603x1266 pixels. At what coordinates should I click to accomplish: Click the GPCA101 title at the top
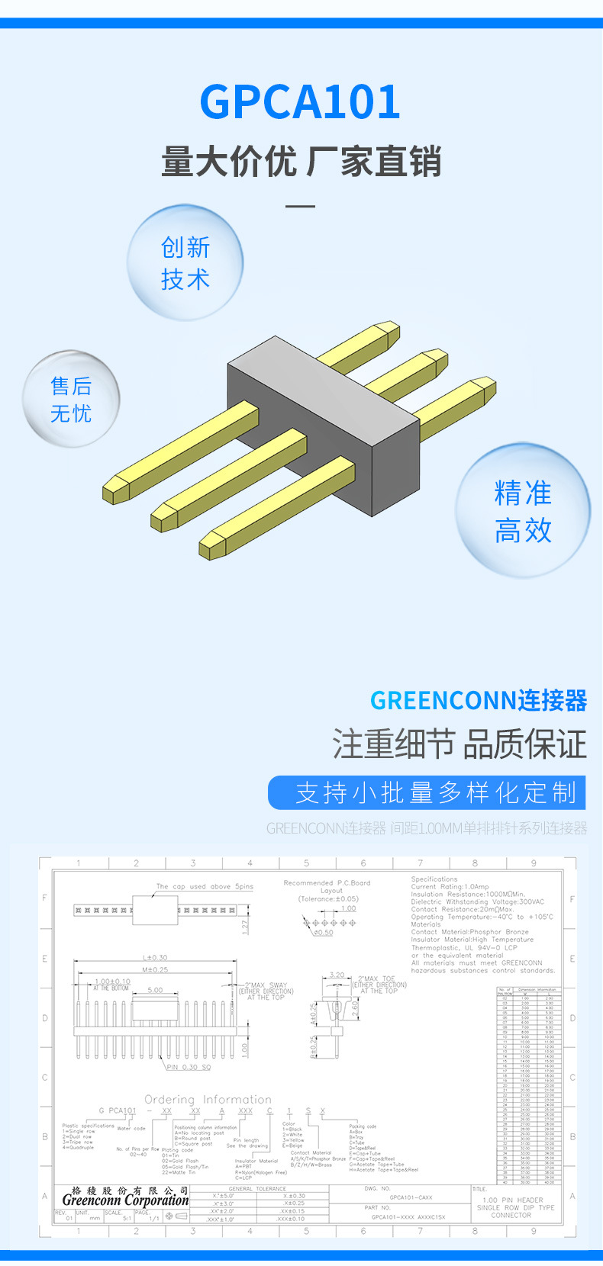point(300,102)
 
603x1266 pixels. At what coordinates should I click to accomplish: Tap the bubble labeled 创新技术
point(185,263)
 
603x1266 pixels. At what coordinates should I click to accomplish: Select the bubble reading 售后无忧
point(71,399)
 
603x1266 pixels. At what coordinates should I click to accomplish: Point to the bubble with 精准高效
point(523,511)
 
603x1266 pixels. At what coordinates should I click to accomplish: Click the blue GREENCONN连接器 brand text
point(479,700)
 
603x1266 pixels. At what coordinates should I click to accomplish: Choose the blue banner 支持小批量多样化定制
point(427,793)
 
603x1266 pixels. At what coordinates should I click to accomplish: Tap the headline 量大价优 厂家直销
point(301,162)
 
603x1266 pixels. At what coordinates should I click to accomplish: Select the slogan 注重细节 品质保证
point(460,744)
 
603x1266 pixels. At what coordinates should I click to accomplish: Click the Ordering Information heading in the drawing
point(208,1099)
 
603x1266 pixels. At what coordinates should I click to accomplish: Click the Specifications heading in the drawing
point(434,879)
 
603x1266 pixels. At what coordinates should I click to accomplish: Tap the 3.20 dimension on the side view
point(337,975)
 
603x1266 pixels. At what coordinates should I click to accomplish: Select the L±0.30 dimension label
point(155,957)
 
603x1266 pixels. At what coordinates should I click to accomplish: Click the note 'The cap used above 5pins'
point(205,886)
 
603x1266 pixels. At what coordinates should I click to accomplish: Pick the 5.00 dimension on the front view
point(155,990)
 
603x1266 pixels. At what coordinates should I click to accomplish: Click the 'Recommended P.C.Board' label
point(327,882)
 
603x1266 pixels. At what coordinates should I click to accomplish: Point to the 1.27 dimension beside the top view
point(245,926)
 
